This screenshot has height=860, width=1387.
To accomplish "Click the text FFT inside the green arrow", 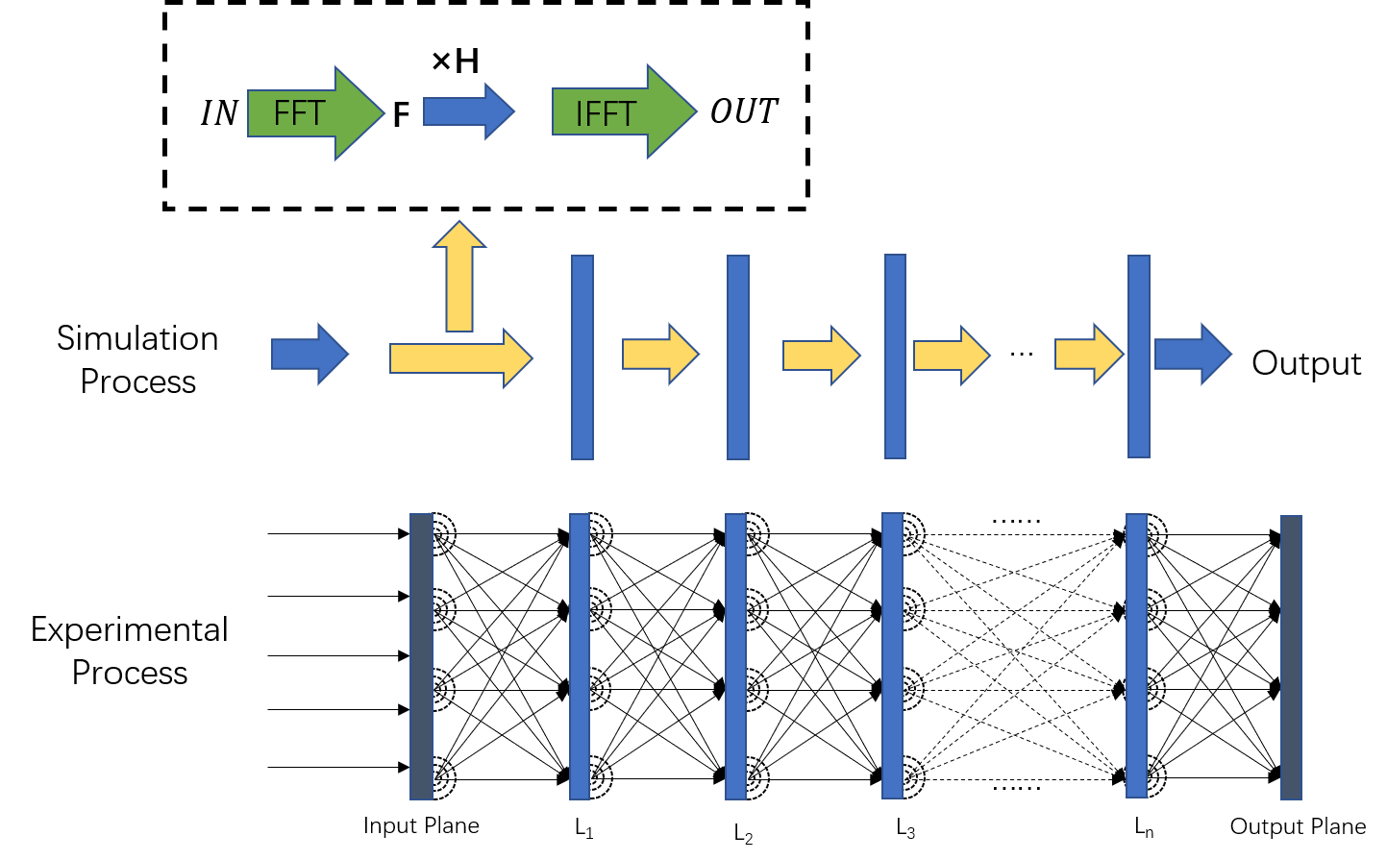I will point(299,113).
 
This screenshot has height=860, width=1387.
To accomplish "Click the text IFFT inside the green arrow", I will point(605,114).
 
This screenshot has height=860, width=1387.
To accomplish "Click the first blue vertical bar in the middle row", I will point(582,356).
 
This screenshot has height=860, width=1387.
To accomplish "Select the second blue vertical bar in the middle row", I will point(738,356).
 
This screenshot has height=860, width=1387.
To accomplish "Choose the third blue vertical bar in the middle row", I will point(895,356).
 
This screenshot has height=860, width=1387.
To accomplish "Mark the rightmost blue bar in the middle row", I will point(1139,356).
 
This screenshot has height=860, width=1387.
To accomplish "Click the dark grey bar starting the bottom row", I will point(421,655).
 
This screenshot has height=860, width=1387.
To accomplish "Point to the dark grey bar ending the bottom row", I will point(1291,656).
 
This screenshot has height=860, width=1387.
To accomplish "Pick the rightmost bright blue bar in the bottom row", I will point(1136,655).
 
